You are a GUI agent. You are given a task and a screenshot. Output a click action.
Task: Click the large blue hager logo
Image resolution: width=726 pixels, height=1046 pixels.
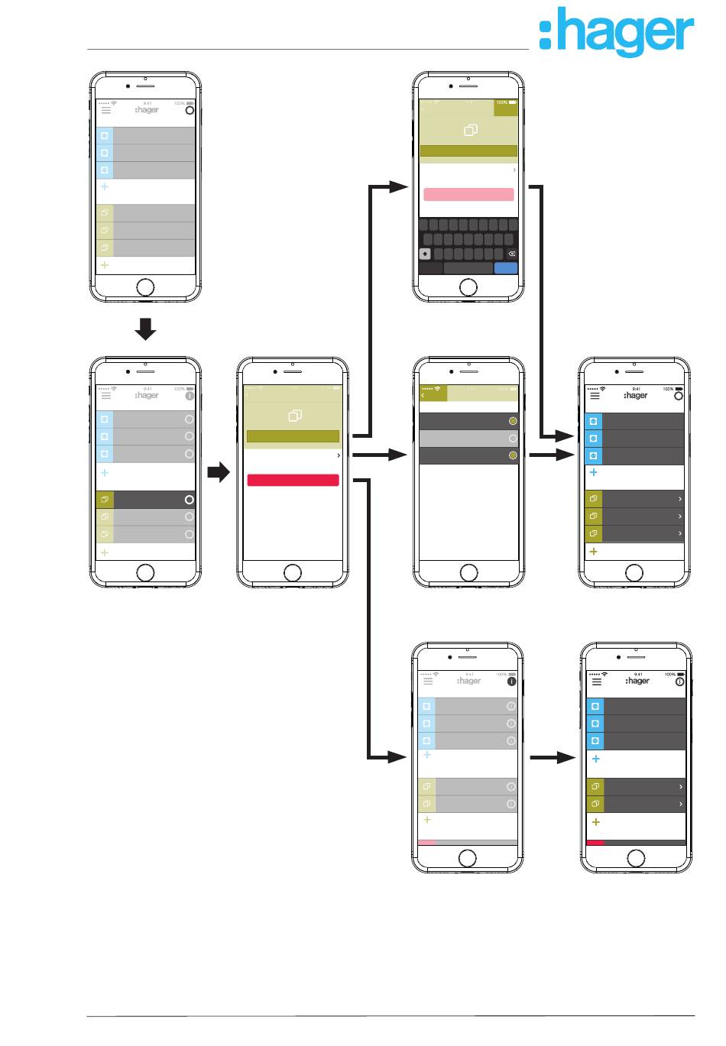(616, 32)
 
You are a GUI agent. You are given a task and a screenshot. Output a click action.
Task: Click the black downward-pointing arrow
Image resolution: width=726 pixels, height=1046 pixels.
(145, 329)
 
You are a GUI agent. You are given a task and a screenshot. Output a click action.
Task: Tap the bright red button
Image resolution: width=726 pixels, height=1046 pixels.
(293, 480)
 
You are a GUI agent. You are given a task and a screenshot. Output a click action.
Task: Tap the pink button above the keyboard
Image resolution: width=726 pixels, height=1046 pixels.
(468, 194)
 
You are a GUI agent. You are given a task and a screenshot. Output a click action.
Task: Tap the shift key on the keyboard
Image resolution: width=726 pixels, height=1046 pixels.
(426, 254)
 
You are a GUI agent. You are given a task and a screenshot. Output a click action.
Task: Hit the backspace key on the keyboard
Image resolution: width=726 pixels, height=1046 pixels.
(512, 254)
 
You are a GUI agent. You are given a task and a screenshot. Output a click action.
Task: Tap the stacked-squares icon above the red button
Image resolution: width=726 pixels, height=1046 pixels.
(295, 416)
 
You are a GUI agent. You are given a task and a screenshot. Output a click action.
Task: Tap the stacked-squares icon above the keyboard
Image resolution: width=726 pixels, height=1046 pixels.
(471, 131)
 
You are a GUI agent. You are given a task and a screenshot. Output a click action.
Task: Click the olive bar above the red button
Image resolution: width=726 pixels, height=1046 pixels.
(293, 436)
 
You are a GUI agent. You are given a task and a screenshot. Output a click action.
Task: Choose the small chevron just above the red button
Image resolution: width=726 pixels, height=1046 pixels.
(339, 455)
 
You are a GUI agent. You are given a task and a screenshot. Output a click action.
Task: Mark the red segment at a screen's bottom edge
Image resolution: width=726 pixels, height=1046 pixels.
(595, 843)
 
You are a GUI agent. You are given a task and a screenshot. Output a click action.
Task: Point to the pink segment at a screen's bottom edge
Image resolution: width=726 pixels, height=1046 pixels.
(427, 843)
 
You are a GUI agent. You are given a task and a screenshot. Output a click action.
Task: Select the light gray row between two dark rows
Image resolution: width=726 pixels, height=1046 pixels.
(463, 439)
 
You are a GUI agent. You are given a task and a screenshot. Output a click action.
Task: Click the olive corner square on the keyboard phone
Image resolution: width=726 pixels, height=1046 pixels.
(505, 108)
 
